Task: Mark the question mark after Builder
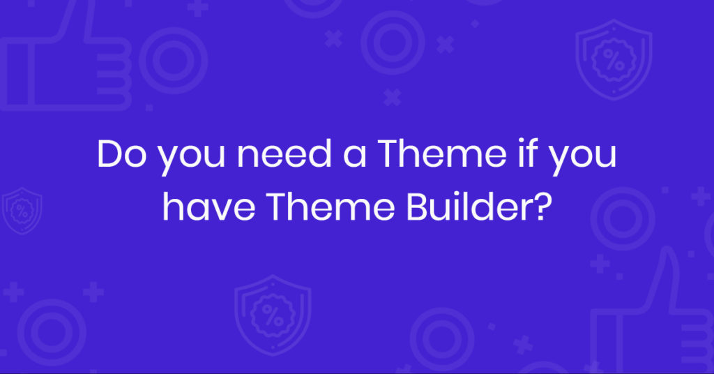535,207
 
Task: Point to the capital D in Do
109,154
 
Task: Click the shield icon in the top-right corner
613,59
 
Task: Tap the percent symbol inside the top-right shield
614,60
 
